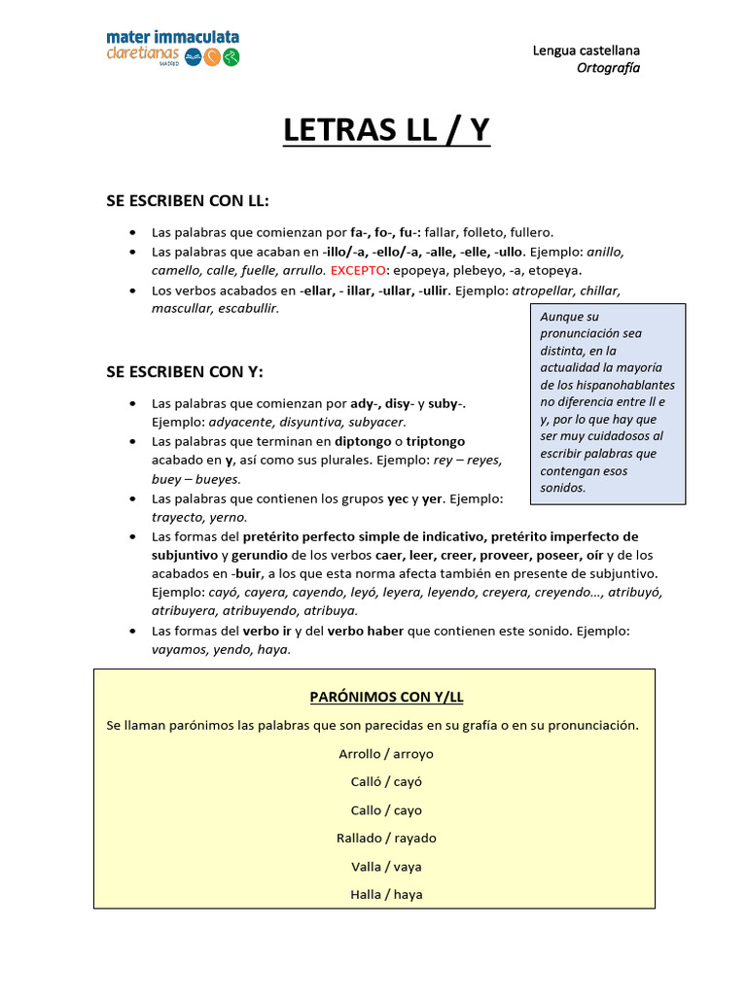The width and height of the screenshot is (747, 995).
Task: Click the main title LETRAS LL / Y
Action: (x=386, y=129)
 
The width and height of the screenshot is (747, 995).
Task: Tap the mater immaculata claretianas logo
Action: (x=173, y=48)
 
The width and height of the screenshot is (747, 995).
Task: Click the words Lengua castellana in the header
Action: (x=587, y=50)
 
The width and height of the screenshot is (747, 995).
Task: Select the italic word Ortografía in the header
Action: (x=609, y=67)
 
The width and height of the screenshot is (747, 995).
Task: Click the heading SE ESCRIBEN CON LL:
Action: (x=187, y=200)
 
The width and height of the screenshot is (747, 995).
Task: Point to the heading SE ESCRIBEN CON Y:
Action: (x=185, y=372)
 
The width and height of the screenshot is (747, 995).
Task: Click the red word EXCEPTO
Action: (x=358, y=270)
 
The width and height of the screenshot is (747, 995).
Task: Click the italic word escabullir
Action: (x=243, y=308)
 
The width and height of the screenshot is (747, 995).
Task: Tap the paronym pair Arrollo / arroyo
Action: (x=386, y=753)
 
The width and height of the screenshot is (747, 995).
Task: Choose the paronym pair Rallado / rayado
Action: (x=386, y=838)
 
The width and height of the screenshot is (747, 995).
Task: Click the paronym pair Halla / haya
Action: (x=386, y=894)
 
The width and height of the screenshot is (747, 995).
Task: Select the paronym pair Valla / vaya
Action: (x=386, y=866)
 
